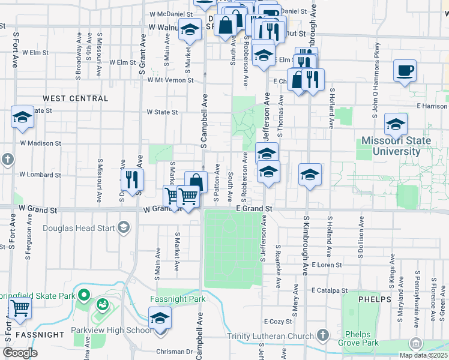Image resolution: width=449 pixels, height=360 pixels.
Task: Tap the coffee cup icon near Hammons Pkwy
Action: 405,70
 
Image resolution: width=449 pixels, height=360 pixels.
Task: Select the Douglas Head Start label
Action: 80,227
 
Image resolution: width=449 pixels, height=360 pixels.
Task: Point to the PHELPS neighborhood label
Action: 374,299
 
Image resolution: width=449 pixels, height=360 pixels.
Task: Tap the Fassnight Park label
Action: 178,299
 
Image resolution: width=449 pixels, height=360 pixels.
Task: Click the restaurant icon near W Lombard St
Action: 131,179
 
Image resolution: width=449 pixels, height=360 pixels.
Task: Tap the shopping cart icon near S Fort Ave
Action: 20,309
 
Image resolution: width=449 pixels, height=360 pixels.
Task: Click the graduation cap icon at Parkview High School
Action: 160,317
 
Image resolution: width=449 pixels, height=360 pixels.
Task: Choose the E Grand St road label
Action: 254,208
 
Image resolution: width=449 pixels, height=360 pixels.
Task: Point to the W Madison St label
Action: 40,143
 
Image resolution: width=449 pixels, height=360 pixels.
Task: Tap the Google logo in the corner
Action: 20,353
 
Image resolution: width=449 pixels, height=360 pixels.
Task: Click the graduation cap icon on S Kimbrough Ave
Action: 309,175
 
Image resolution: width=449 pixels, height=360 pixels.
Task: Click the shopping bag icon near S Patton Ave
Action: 196,181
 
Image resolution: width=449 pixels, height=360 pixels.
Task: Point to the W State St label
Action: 162,112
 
